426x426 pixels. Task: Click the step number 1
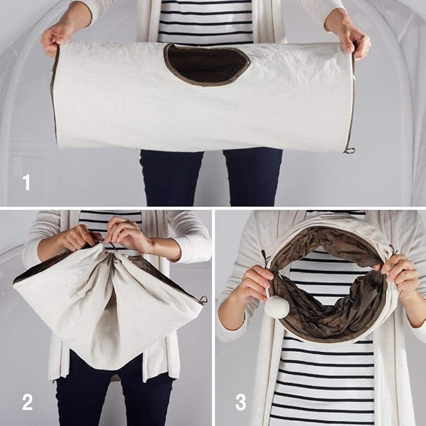click(26, 183)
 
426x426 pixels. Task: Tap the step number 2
click(27, 402)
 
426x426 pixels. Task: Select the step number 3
click(241, 402)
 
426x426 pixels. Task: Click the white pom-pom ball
click(277, 307)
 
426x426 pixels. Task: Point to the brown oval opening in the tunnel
click(207, 65)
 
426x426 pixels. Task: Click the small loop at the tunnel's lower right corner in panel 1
click(351, 150)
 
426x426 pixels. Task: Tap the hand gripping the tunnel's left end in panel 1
click(58, 38)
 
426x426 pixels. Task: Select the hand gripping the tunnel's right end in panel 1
click(350, 38)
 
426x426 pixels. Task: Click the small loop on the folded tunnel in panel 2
click(203, 299)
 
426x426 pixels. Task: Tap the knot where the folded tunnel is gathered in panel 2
click(108, 246)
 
